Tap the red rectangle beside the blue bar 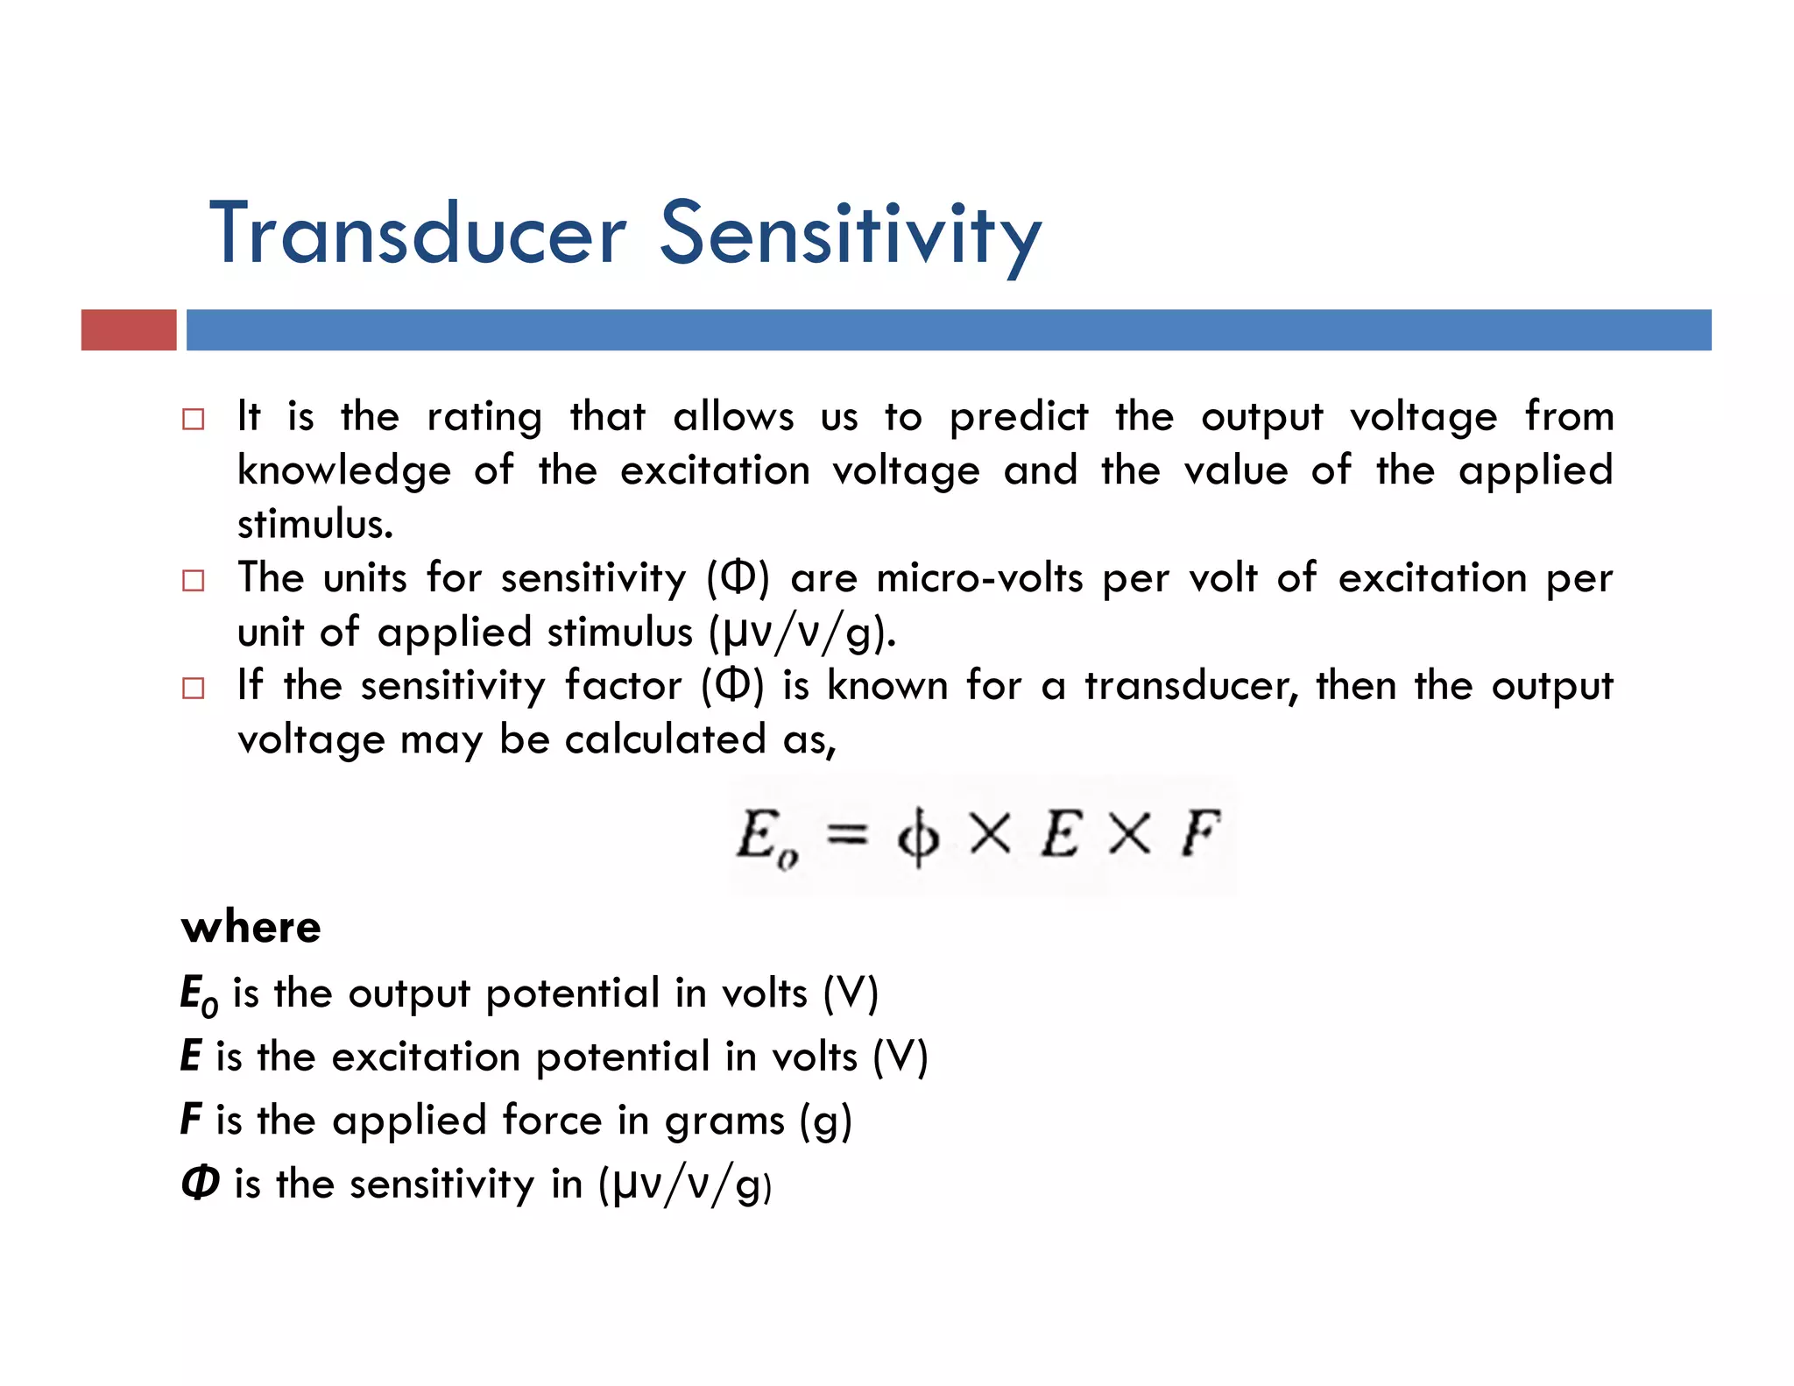click(129, 330)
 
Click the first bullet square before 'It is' click(193, 419)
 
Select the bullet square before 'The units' click(193, 580)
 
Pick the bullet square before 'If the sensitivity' click(193, 688)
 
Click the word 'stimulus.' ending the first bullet click(315, 524)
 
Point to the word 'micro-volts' click(979, 578)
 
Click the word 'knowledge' click(344, 471)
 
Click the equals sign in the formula click(847, 834)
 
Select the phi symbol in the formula click(917, 838)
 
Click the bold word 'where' click(251, 927)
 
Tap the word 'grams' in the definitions click(724, 1121)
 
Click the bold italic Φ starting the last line click(200, 1183)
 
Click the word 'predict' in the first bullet click(1019, 417)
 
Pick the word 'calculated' click(666, 739)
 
